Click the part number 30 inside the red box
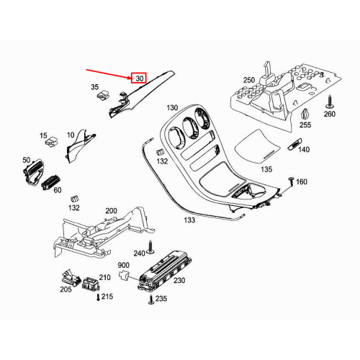tap(139, 78)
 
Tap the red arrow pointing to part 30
tap(108, 73)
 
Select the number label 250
tap(249, 80)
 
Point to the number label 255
tap(305, 125)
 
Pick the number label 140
tap(304, 150)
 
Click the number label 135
tap(267, 171)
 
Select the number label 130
tap(171, 108)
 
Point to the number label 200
tap(111, 211)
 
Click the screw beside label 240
tap(153, 246)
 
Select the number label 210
tap(104, 277)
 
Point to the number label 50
tap(27, 159)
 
